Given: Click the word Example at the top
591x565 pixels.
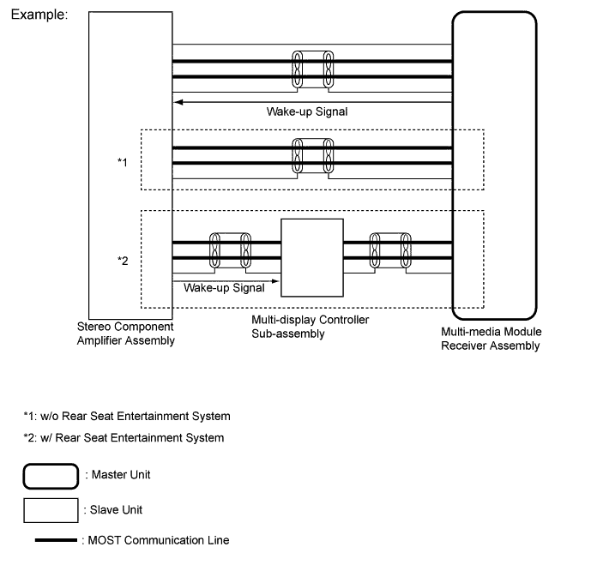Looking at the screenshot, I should pos(39,16).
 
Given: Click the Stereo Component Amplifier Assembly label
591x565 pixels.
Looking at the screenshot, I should pos(125,334).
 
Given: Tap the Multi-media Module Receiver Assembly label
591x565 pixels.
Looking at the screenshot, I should pos(491,339).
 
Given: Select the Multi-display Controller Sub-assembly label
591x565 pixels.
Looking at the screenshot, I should pos(310,327).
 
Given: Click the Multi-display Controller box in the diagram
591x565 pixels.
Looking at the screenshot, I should pos(311,256).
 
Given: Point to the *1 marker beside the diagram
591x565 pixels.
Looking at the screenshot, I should pos(123,161).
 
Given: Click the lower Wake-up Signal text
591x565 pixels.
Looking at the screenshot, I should pos(224,288).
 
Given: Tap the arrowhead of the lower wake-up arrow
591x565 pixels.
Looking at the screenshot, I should pos(275,279).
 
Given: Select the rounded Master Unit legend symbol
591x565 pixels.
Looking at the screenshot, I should pos(52,474).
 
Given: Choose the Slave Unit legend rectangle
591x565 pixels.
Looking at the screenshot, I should pos(52,509).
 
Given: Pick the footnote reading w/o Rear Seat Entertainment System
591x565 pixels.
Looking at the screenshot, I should pos(127,417).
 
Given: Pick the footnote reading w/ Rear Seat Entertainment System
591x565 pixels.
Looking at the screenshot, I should pos(124,438).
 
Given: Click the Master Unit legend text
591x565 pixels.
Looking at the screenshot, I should pos(123,474).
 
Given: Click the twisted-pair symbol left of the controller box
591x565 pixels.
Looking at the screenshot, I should pos(231,249).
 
